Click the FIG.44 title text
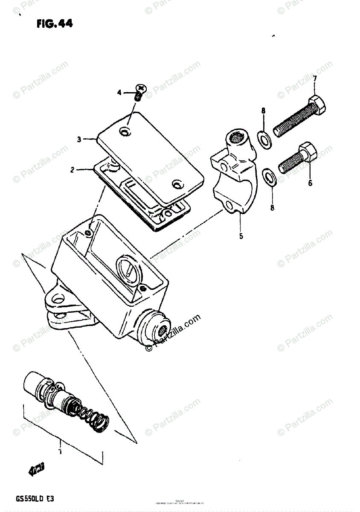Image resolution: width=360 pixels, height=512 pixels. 55,24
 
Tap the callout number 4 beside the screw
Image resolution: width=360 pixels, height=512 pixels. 120,92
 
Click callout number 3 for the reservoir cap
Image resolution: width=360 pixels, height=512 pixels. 79,139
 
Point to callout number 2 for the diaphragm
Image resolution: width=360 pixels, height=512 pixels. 73,170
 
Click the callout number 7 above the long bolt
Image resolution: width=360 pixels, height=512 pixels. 315,79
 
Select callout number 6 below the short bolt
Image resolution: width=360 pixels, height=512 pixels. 310,183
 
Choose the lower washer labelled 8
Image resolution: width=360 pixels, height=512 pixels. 269,176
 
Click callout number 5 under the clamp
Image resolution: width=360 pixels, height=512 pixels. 241,235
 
